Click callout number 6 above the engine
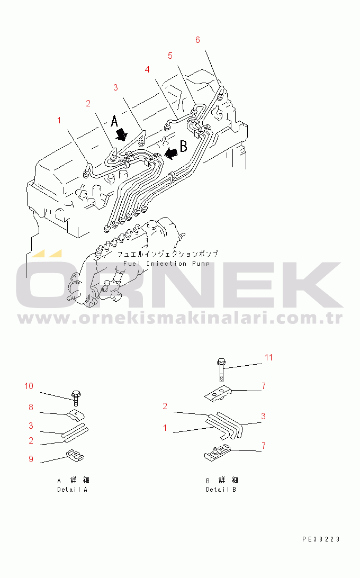pos(197,40)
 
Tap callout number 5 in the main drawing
pos(170,56)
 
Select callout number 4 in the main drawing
pos(148,70)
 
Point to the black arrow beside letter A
pos(121,134)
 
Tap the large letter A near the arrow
pos(115,121)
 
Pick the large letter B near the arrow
pos(183,146)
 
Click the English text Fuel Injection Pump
pos(167,264)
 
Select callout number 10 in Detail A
pos(29,386)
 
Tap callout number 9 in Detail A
pos(31,459)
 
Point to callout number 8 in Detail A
pos(31,408)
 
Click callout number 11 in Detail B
pos(268,358)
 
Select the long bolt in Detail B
pos(221,370)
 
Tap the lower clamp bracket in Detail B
pos(218,453)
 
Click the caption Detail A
pos(73,490)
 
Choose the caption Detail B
pos(221,490)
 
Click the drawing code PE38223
pos(321,539)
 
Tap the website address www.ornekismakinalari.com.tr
pos(181,318)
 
